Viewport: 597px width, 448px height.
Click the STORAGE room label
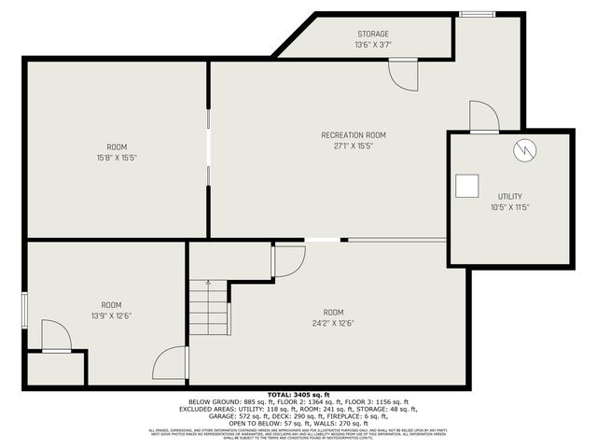click(x=371, y=35)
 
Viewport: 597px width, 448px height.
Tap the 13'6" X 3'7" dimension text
click(x=371, y=45)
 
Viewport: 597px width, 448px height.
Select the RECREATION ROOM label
click(x=354, y=135)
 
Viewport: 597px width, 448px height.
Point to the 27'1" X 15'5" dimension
click(x=354, y=146)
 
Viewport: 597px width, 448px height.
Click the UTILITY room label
click(x=510, y=196)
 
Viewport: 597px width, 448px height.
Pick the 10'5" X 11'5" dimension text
click(x=510, y=206)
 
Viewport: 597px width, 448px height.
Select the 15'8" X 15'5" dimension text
click(x=117, y=158)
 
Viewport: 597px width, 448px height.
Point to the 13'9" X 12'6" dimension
click(x=112, y=315)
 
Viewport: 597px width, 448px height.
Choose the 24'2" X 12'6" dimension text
click(x=333, y=322)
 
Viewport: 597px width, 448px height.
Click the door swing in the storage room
click(x=404, y=75)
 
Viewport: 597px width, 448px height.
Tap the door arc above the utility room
click(x=483, y=117)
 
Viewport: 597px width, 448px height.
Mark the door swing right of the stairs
click(x=288, y=260)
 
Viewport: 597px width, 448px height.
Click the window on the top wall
click(x=477, y=14)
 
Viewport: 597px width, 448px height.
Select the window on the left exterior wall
click(x=24, y=309)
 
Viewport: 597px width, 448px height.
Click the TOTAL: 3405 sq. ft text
click(x=298, y=395)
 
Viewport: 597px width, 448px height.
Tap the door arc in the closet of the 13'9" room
click(x=55, y=336)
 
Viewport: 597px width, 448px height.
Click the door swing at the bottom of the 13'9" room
click(x=172, y=363)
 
